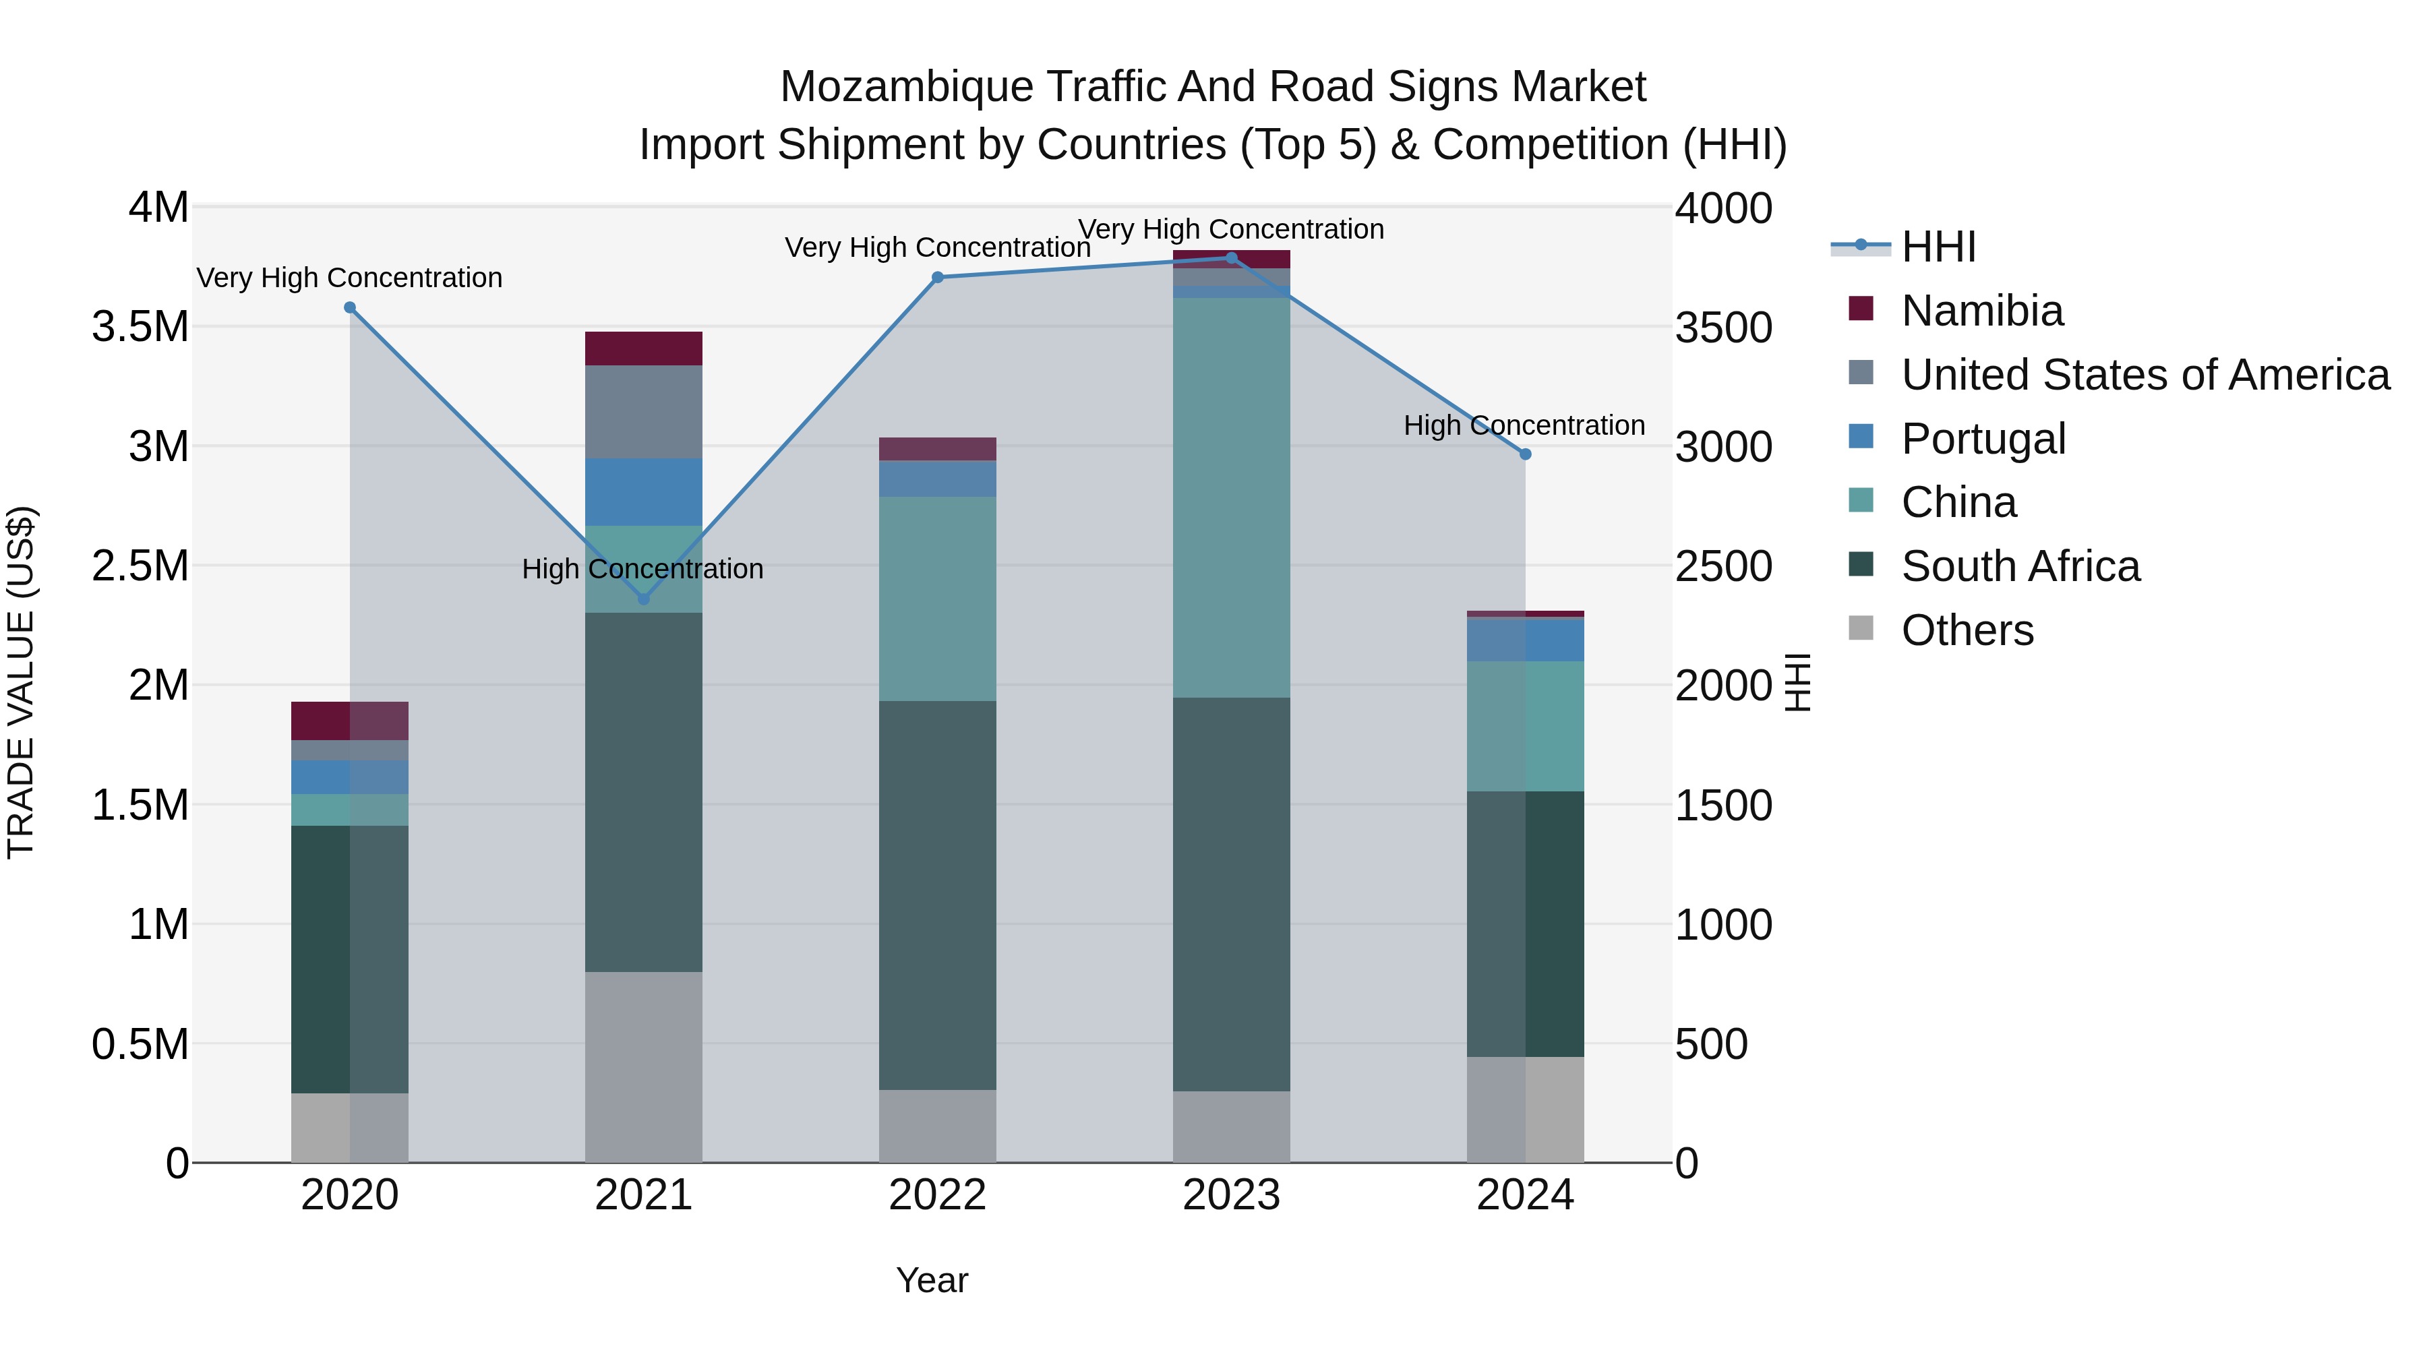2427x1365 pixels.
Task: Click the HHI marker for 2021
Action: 644,599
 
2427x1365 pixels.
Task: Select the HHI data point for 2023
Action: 1232,258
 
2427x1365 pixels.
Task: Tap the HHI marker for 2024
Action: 1526,454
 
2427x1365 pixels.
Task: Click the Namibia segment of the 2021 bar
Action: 644,348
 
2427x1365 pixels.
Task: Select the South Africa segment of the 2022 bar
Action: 938,895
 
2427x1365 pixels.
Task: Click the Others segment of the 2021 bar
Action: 644,1066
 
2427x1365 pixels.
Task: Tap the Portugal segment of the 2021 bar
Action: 644,492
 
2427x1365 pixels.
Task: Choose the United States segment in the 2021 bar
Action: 644,412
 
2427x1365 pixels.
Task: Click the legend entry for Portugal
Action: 1982,439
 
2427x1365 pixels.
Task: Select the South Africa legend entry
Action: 2019,566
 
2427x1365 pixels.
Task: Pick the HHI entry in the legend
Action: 1938,247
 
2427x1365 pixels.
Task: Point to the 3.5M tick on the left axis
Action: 140,327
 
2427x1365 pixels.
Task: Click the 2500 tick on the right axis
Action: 1723,566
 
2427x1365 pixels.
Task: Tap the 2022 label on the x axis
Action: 938,1195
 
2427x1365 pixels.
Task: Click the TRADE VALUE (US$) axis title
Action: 21,682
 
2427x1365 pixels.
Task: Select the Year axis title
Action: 932,1280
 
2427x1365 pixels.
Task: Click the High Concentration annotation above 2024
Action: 1524,426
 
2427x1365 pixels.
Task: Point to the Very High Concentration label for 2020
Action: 349,278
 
